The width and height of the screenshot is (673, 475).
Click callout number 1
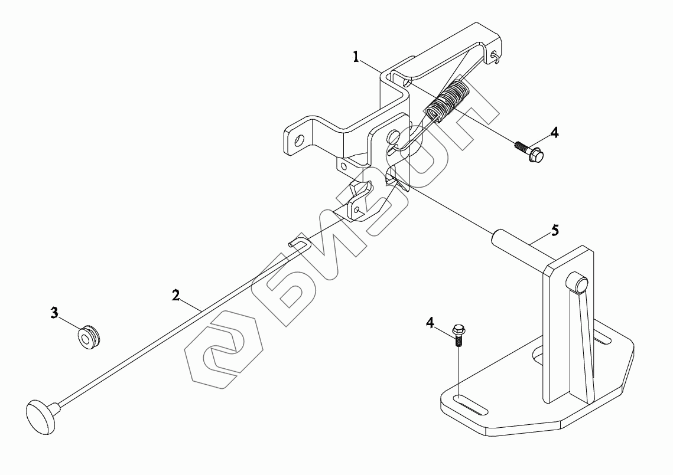[356, 57]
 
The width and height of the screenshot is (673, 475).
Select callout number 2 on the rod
[175, 295]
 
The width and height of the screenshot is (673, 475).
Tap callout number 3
[54, 313]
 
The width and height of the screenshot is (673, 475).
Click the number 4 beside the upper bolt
[554, 132]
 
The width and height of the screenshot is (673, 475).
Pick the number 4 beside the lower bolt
[430, 322]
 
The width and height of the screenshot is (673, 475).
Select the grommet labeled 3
[90, 337]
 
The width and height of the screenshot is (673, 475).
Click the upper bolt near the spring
[531, 150]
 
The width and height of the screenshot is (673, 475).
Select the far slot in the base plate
[602, 339]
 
